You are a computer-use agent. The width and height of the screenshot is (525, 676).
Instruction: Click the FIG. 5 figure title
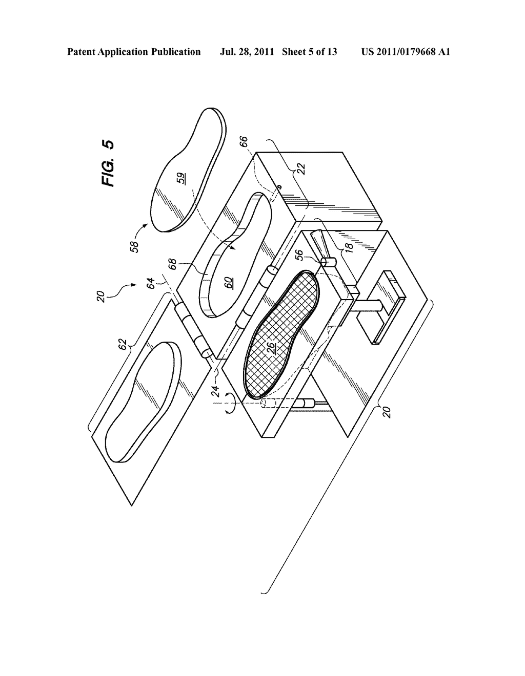pos(108,164)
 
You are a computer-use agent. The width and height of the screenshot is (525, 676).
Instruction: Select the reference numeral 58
pos(135,244)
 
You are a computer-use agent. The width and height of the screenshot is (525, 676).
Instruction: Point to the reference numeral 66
pos(245,141)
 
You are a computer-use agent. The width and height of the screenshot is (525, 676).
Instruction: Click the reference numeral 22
pos(301,168)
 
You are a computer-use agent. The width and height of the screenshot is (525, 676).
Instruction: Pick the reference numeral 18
pos(349,246)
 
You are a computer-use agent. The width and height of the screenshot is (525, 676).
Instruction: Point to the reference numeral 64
pos(152,283)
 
